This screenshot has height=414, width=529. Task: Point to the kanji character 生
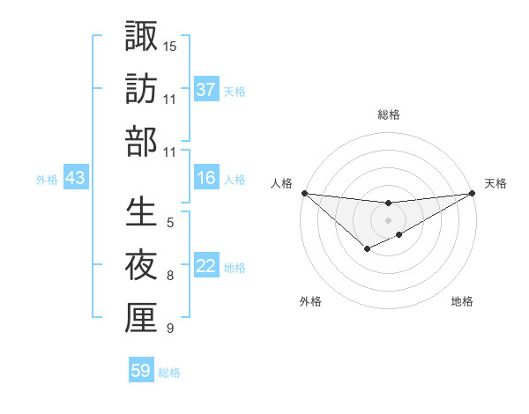141,212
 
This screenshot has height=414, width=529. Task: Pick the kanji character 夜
141,265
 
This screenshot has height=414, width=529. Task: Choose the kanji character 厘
141,318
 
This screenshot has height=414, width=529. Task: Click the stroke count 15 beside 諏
170,45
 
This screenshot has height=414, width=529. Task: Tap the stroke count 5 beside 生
170,222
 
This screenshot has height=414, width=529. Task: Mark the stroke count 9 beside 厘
170,329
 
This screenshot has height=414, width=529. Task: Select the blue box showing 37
206,90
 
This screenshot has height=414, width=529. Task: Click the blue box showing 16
206,179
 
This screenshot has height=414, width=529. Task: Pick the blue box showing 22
206,267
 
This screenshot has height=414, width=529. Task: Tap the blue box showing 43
76,179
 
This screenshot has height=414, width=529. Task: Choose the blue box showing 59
141,371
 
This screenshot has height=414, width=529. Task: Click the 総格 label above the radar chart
389,115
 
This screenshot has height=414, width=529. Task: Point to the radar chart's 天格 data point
473,194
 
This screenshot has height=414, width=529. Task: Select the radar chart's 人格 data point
303,193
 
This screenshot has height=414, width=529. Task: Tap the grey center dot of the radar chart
389,219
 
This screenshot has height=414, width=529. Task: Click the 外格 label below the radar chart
310,301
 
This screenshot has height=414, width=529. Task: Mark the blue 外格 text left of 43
47,180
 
